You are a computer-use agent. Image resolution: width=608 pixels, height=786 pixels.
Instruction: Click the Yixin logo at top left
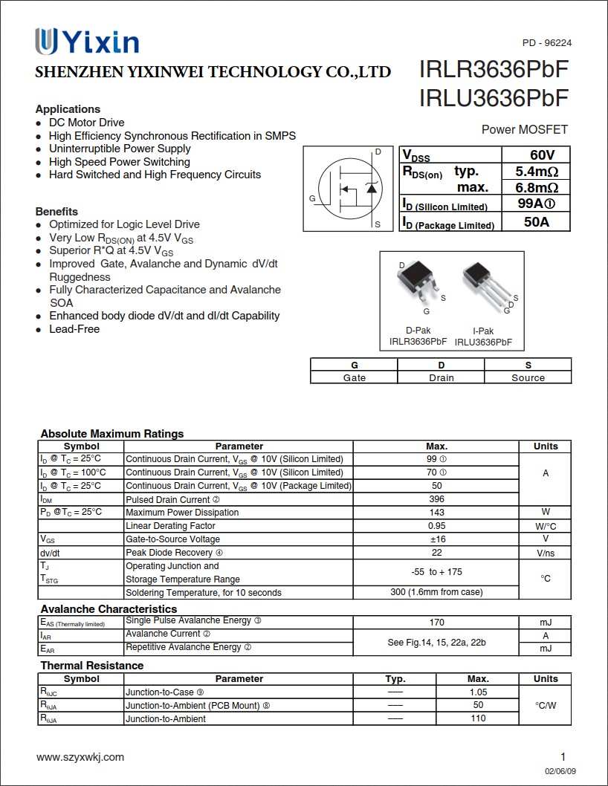(x=87, y=42)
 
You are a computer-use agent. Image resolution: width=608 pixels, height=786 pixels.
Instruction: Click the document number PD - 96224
(x=547, y=43)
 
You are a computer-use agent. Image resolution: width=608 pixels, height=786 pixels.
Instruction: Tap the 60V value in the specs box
(x=542, y=155)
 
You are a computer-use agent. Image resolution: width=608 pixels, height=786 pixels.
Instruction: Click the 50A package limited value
(x=536, y=221)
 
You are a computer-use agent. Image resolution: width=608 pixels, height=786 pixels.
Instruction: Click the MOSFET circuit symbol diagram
(x=347, y=189)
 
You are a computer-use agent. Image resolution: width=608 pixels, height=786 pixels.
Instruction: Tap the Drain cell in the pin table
(x=441, y=377)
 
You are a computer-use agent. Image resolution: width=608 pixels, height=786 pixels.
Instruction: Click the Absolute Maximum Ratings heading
(x=112, y=434)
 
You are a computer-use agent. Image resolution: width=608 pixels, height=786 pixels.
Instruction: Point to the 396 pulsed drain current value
(x=436, y=499)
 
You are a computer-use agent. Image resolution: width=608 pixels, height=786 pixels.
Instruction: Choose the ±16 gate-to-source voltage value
(x=436, y=539)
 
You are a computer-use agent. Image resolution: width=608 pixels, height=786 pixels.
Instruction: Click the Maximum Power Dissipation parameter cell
(x=182, y=513)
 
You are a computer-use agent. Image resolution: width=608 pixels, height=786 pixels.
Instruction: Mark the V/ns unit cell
(x=545, y=553)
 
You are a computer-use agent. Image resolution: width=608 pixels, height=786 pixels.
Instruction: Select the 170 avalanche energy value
(x=436, y=623)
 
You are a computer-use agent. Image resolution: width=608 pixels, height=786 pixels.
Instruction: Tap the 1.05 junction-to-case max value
(x=478, y=692)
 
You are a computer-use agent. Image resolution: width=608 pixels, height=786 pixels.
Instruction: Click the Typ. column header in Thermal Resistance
(x=395, y=679)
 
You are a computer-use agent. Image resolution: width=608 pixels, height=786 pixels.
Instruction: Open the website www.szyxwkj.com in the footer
(x=80, y=757)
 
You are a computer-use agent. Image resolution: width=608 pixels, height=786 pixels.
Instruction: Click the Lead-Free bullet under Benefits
(x=74, y=329)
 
